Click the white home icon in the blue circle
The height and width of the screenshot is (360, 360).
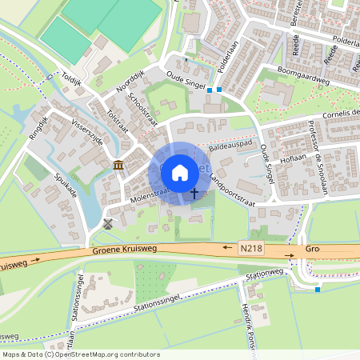pos(179,173)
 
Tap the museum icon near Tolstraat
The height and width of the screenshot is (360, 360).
pos(118,165)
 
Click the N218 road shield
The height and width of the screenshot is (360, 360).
pos(250,250)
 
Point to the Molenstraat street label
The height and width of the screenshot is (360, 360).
pos(145,194)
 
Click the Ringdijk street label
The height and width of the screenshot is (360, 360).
pos(37,125)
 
